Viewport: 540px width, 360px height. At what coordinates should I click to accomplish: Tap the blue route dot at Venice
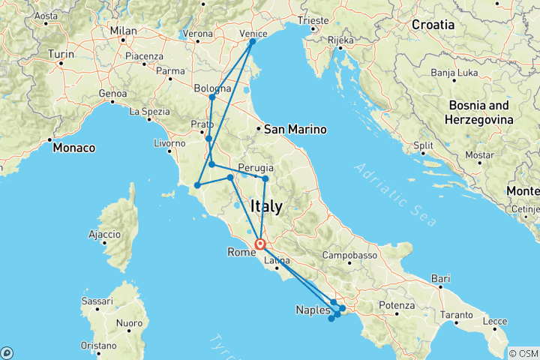[x=252, y=41]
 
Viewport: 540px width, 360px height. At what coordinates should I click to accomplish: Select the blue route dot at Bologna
[x=212, y=97]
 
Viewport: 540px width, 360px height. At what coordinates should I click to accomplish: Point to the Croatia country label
[x=433, y=25]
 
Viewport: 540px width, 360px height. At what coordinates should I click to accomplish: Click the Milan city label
[x=124, y=31]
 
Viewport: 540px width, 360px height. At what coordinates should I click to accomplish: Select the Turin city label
[x=61, y=55]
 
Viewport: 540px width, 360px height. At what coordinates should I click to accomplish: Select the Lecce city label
[x=494, y=321]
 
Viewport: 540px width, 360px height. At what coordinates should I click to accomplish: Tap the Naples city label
[x=312, y=310]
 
